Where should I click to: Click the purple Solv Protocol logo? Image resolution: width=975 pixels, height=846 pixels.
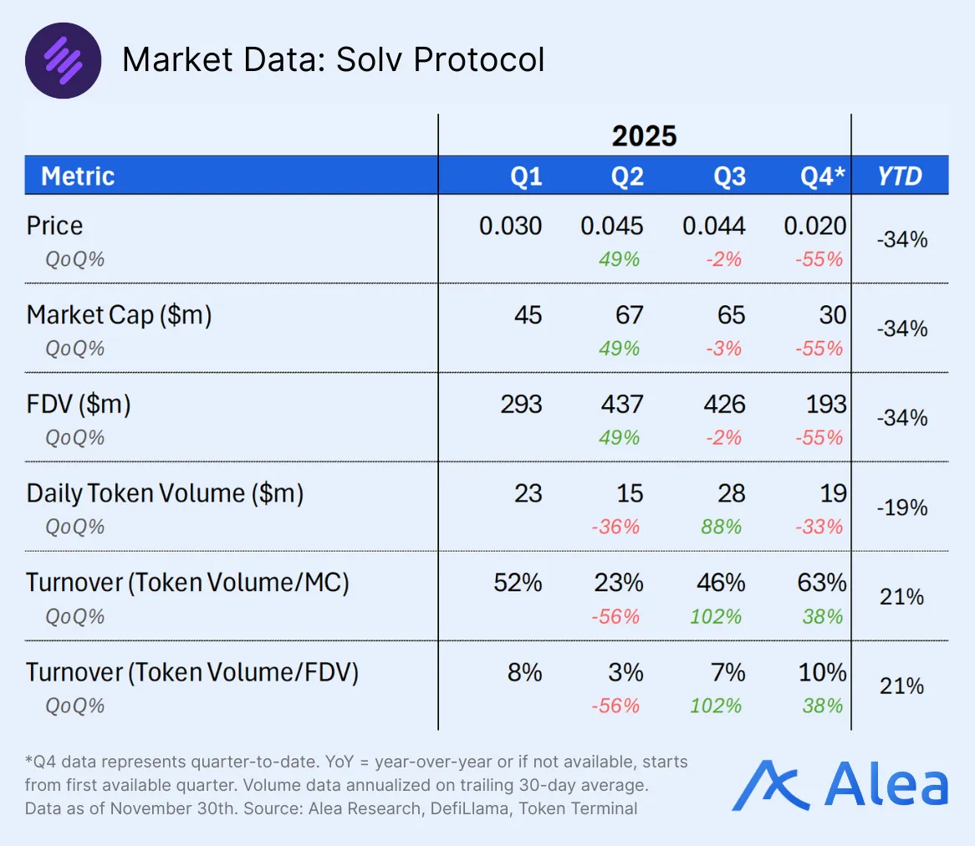click(64, 60)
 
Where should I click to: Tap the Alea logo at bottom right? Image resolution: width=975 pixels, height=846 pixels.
click(840, 786)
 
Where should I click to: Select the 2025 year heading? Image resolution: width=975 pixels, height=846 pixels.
click(644, 135)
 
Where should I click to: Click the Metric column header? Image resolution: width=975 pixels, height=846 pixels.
click(78, 176)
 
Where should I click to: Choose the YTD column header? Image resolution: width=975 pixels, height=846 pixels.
click(900, 176)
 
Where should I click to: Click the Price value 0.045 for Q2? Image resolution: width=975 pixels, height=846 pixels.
click(612, 226)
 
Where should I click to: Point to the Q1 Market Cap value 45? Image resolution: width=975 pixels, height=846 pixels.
click(528, 315)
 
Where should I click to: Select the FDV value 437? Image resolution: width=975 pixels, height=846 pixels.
click(622, 405)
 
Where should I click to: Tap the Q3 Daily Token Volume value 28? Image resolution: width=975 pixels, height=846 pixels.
click(731, 494)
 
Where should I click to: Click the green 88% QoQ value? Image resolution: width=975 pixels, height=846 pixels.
click(721, 527)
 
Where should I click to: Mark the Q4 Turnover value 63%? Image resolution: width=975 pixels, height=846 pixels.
click(823, 583)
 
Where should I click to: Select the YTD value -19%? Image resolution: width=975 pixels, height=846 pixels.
click(901, 507)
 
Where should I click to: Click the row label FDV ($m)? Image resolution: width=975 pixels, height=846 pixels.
click(79, 405)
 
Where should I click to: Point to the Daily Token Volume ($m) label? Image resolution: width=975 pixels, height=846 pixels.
click(165, 494)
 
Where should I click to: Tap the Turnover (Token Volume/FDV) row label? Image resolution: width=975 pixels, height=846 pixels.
click(192, 672)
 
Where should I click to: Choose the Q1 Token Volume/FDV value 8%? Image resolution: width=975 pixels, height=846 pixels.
click(525, 672)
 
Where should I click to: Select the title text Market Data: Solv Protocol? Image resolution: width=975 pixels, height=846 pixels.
click(333, 60)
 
